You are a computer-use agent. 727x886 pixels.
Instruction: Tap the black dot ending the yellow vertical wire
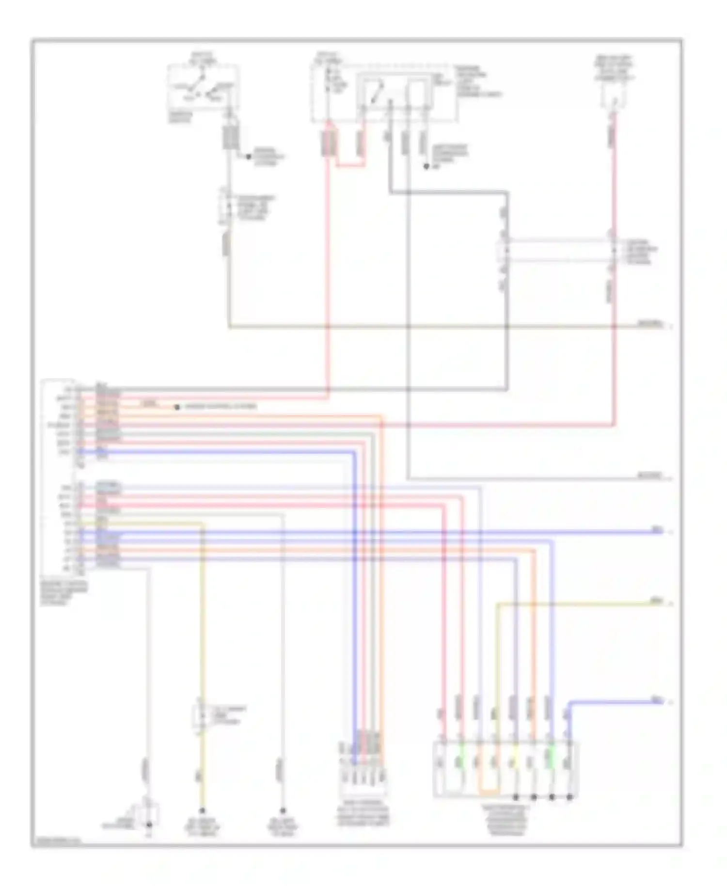(x=202, y=811)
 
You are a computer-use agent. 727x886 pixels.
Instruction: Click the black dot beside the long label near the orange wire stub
(x=177, y=407)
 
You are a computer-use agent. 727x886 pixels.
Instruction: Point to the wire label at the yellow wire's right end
(x=656, y=601)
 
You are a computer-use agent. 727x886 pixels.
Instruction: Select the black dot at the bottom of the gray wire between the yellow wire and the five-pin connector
(x=283, y=811)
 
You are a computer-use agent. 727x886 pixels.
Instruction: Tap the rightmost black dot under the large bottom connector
(x=570, y=797)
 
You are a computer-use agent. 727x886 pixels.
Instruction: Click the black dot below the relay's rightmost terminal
(x=427, y=167)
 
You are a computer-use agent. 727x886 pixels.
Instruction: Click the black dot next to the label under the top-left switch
(x=249, y=157)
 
